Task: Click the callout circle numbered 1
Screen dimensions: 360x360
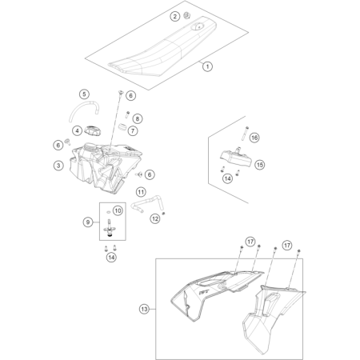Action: [x=207, y=66]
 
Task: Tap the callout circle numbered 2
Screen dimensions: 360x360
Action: [x=175, y=17]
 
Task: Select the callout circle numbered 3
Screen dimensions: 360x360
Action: [x=58, y=166]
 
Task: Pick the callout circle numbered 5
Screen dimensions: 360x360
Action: [x=84, y=94]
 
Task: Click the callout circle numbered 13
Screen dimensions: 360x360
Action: [x=144, y=309]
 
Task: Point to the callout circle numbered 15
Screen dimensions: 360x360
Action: [x=260, y=165]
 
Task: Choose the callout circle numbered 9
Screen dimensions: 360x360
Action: [x=88, y=222]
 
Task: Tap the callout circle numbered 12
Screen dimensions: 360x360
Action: [x=155, y=218]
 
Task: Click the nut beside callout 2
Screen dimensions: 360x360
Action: [x=187, y=16]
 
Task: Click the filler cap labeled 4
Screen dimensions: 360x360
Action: [x=94, y=130]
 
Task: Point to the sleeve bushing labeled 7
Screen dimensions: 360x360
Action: [x=122, y=127]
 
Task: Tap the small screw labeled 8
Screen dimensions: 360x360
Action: [x=127, y=114]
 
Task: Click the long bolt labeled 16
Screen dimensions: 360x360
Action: [x=245, y=134]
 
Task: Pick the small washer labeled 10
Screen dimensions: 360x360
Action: [x=108, y=212]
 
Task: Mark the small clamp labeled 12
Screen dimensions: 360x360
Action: [x=164, y=213]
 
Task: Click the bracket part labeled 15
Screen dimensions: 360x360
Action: [x=236, y=158]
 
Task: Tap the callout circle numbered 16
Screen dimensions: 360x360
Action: [x=254, y=138]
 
